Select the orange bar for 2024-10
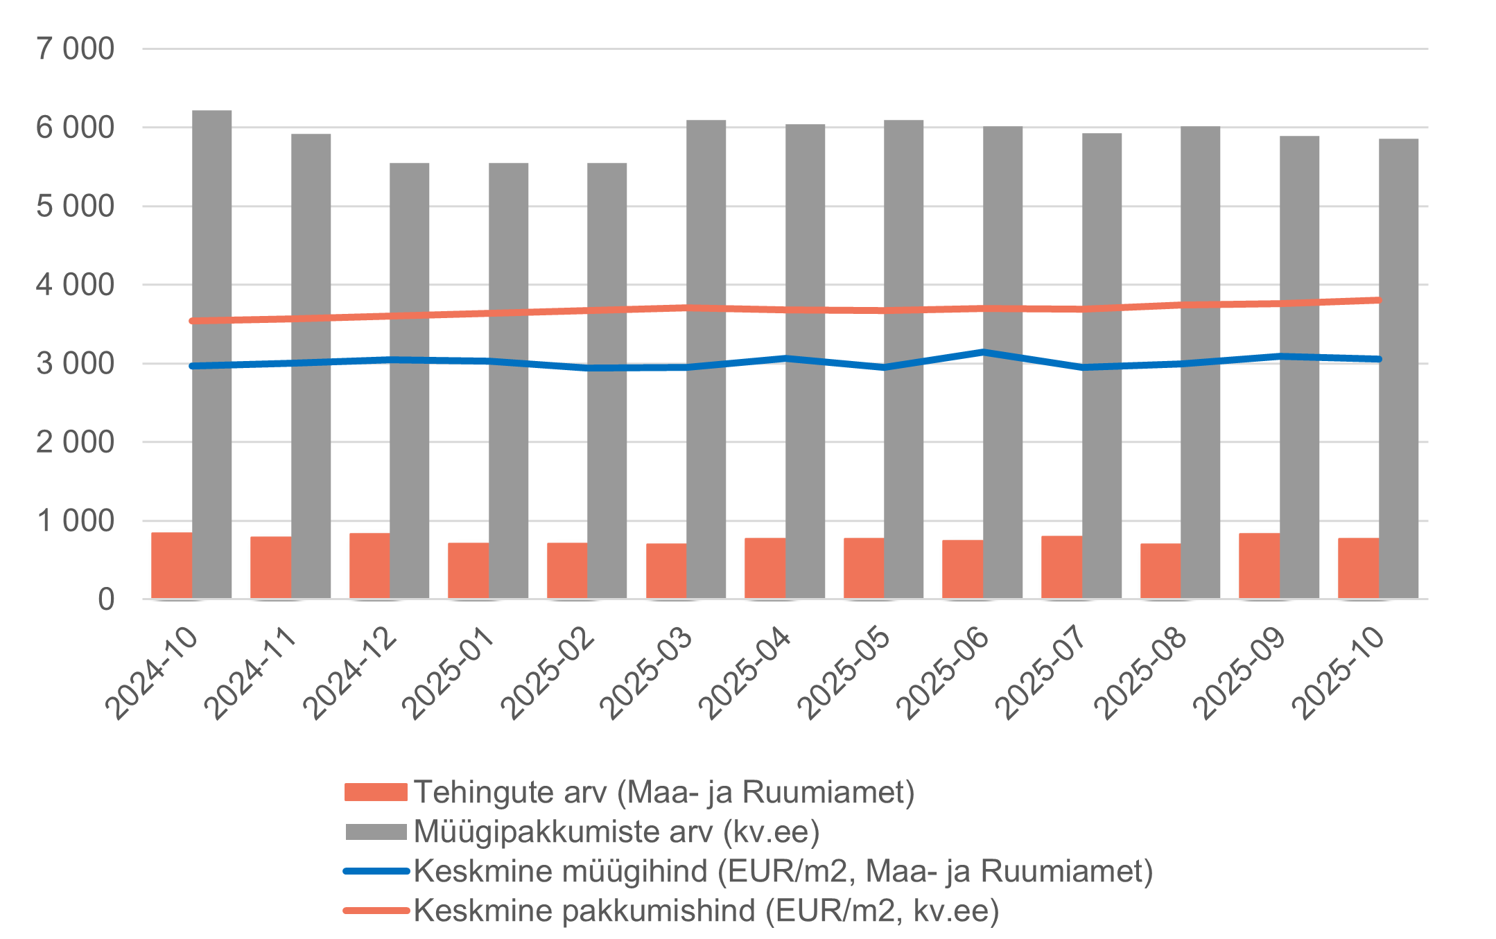tap(171, 565)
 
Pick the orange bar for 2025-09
tap(1259, 565)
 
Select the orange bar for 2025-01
tap(468, 570)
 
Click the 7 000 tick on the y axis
tap(75, 49)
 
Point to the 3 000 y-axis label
tap(75, 364)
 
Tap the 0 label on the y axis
tap(105, 599)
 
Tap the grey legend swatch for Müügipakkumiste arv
tap(376, 832)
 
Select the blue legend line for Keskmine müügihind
tap(376, 871)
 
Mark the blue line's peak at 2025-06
tap(983, 352)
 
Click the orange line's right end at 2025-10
tap(1379, 300)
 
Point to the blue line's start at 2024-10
tap(192, 366)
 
